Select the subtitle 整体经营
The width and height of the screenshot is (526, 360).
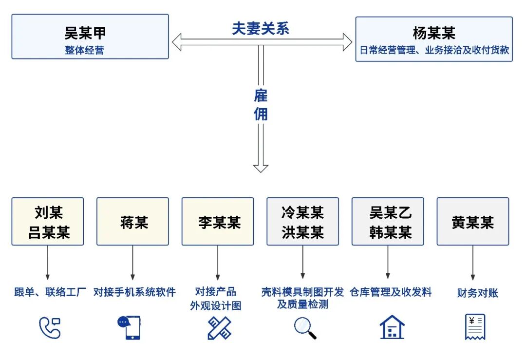85,50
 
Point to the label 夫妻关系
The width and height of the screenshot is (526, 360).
261,29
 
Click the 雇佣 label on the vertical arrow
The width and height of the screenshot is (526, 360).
261,104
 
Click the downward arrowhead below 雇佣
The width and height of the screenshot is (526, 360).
261,168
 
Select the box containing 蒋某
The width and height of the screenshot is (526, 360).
132,222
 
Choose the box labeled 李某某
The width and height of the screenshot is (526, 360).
218,222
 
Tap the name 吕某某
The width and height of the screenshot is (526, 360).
48,232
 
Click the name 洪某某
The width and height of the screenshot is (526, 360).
302,232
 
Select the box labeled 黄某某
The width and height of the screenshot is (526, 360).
472,222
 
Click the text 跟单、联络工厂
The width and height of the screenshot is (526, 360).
50,292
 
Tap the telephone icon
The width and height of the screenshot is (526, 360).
49,327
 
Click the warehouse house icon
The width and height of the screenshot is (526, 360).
392,327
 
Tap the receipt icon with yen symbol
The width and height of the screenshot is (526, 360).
475,327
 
